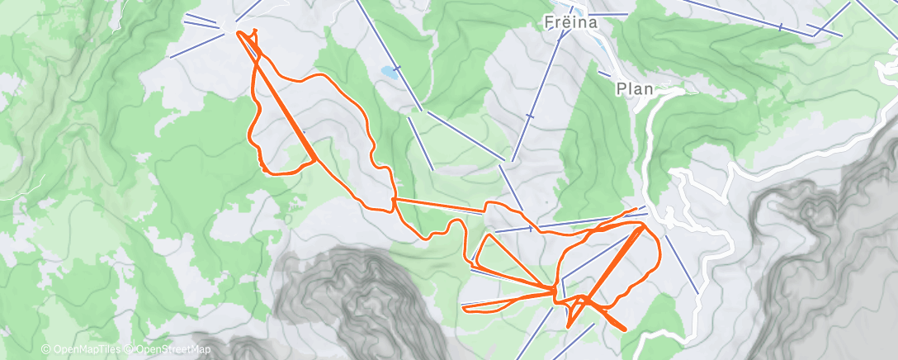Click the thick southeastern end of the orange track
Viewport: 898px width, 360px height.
623,329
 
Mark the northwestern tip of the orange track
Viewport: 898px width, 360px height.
240,32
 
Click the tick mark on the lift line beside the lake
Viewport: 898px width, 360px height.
398,67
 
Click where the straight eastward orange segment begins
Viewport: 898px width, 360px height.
395,200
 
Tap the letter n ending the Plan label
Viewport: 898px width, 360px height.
647,88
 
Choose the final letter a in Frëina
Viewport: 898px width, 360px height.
592,23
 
